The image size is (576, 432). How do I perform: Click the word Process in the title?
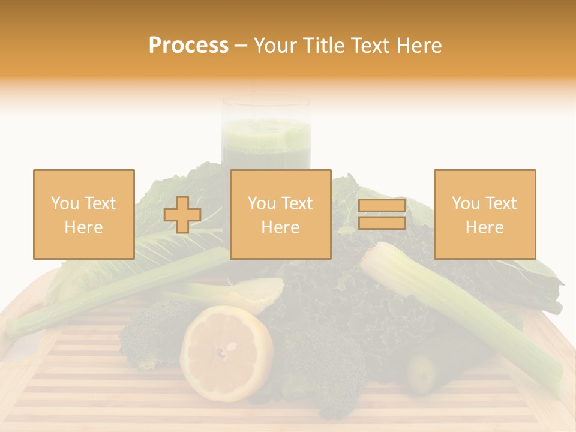coord(188,46)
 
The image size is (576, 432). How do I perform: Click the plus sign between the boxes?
coord(182,215)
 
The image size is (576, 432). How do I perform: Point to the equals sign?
coord(382,214)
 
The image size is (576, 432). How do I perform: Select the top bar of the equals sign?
coord(382,206)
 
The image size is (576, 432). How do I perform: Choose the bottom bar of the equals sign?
coord(382,223)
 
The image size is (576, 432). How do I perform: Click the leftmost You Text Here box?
coord(84,214)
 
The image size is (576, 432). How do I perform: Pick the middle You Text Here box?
coord(280,214)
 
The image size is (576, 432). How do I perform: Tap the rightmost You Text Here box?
coord(485,214)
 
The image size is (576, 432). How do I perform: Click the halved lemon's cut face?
coord(226,353)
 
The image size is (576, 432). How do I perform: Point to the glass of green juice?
coord(266,135)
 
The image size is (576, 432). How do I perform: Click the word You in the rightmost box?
coord(464,203)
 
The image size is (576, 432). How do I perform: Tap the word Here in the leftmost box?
coord(84,227)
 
